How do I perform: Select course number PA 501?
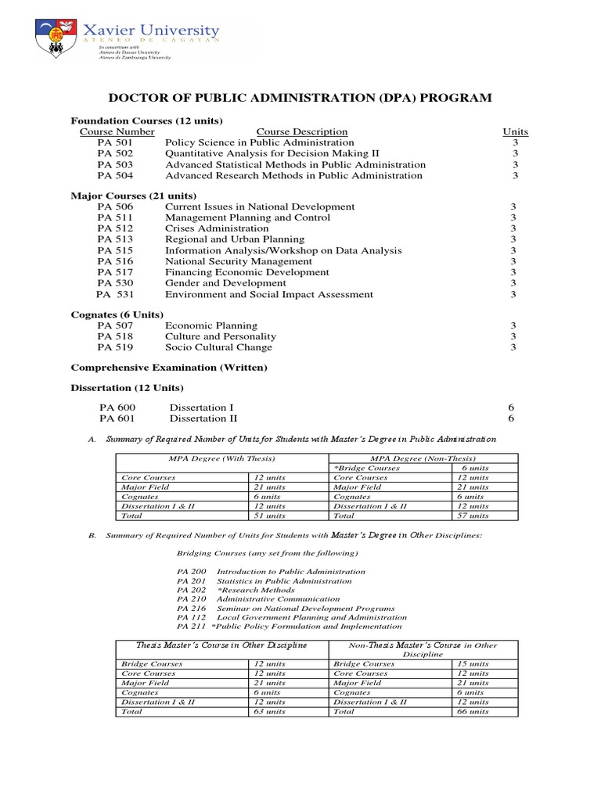click(115, 143)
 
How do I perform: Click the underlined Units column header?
click(515, 131)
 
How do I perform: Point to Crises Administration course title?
click(217, 228)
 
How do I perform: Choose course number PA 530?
click(115, 283)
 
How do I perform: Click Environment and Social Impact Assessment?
click(269, 294)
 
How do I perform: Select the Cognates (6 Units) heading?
click(117, 314)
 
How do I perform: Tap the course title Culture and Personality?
click(221, 336)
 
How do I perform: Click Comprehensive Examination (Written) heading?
click(169, 367)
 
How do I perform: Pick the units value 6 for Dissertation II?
click(513, 418)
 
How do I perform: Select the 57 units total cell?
click(473, 515)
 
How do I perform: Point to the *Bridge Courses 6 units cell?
click(473, 468)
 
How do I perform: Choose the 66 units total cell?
click(473, 712)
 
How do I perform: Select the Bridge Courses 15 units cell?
click(473, 663)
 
